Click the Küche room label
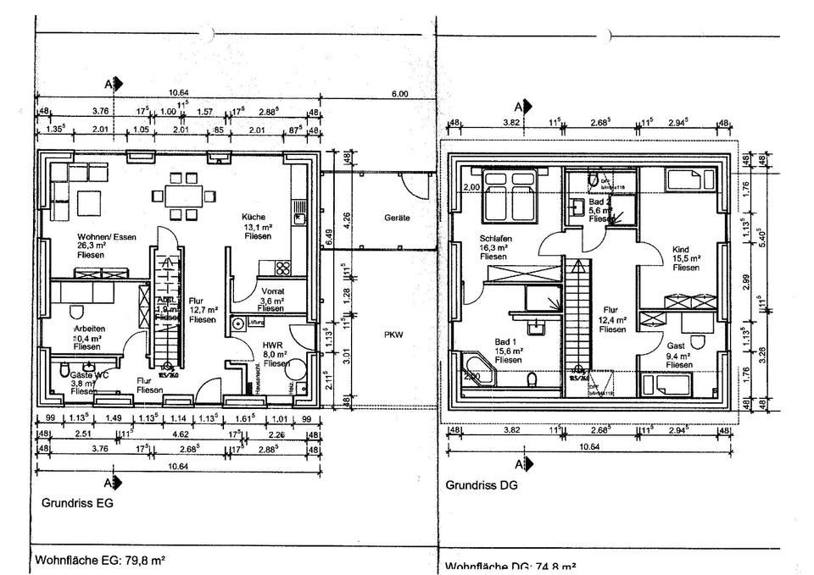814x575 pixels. [254, 216]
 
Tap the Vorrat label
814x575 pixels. [270, 290]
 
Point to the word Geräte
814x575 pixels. [397, 218]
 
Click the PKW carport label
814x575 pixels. [393, 334]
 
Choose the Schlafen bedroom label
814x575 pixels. [493, 238]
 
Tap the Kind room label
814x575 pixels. [680, 249]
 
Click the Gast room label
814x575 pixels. [677, 346]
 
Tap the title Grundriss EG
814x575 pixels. [76, 502]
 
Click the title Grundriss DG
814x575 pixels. [481, 486]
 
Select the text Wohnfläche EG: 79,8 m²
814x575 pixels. [99, 560]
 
